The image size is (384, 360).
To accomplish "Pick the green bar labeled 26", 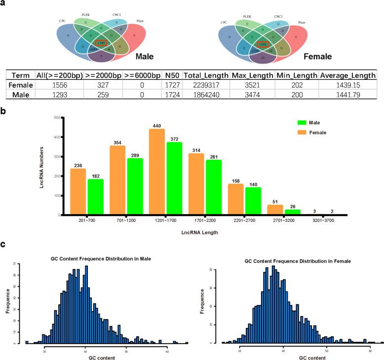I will point(292,212).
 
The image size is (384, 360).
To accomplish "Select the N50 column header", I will point(170,75).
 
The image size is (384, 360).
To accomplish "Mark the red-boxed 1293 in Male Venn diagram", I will point(101,43).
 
